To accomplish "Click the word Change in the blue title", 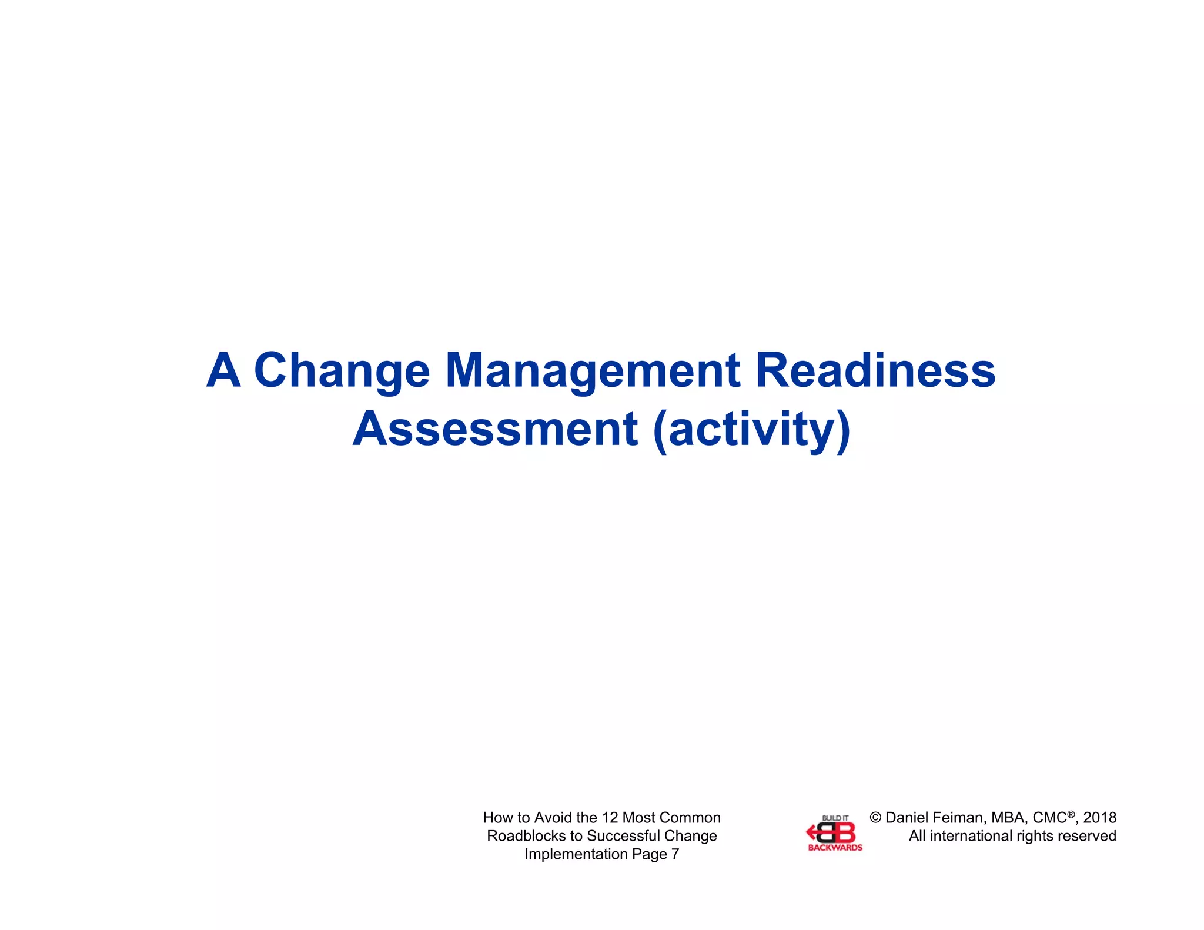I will coord(342,372).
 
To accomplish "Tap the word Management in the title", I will coord(593,372).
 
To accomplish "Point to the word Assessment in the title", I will coord(495,429).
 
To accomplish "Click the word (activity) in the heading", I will coord(751,430).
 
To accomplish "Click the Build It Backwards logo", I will coord(834,833).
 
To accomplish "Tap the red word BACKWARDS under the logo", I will coord(835,848).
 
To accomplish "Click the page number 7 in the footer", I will coord(675,854).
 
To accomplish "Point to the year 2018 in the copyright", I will coord(1099,818).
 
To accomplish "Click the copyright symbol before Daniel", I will coord(875,818).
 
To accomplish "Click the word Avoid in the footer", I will coord(552,818).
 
